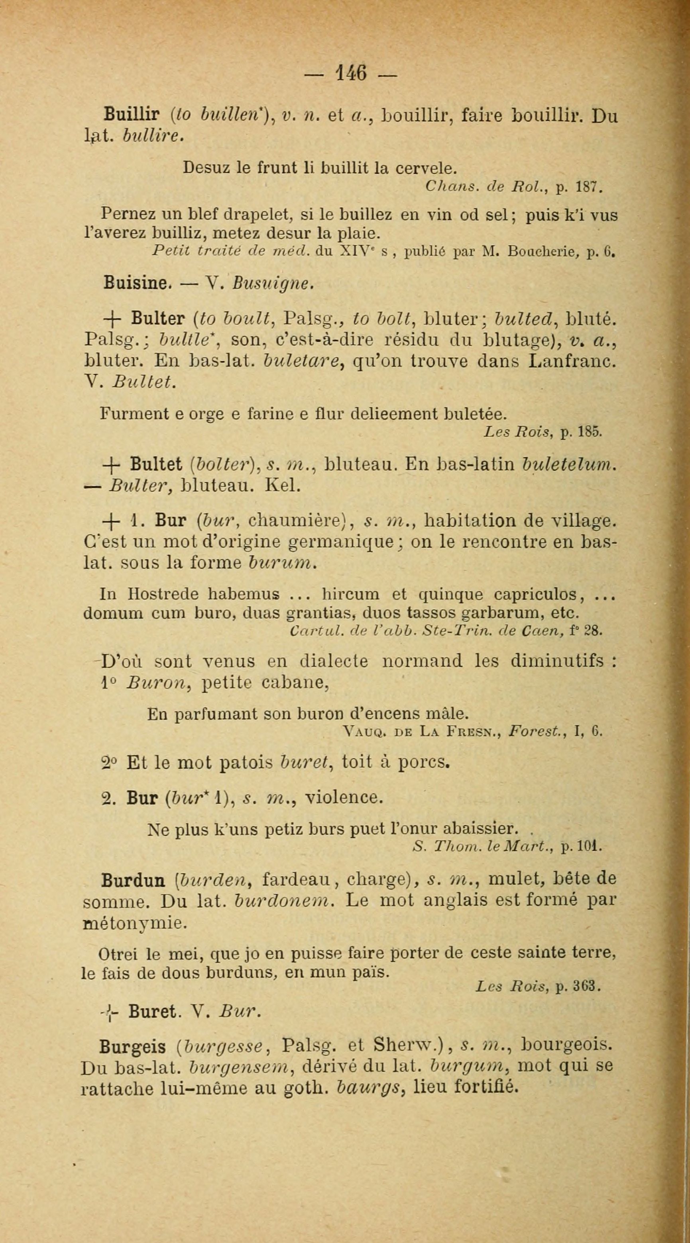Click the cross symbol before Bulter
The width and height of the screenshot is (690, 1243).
tap(110, 320)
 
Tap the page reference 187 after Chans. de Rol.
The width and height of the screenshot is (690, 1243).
tap(588, 186)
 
